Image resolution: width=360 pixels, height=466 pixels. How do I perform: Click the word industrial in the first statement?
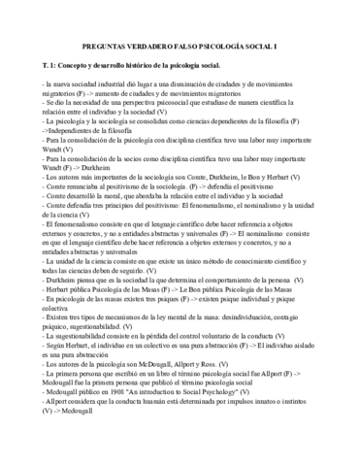pos(116,86)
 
